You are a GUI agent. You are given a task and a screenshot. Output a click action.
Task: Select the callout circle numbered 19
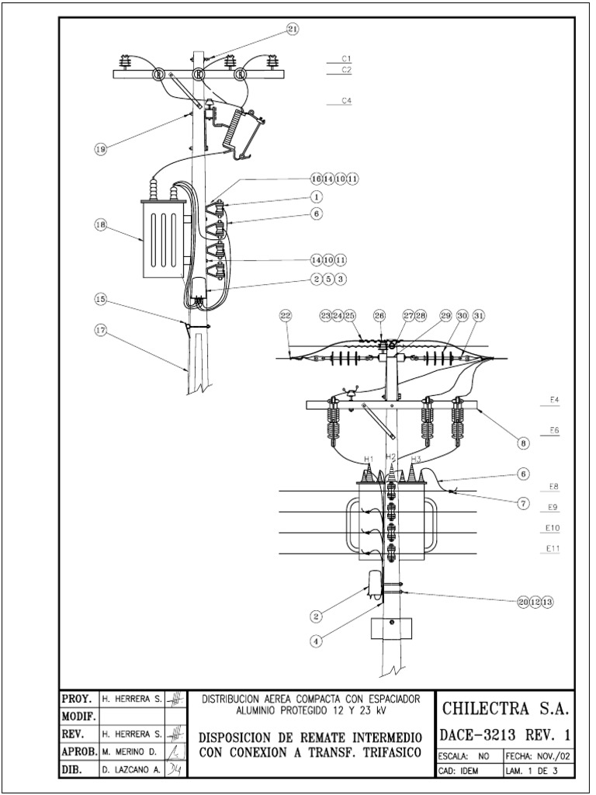coord(100,150)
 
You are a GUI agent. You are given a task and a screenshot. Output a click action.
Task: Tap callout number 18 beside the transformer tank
coord(100,225)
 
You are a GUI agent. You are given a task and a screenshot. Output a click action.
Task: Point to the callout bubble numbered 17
coord(100,330)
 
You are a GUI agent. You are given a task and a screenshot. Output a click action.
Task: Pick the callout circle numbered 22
coord(286,315)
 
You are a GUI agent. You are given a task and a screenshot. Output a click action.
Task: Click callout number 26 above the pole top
coord(379,315)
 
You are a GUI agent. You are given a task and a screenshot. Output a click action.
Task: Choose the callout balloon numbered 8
coord(524,443)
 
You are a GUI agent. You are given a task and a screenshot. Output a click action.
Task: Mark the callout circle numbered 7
coord(524,502)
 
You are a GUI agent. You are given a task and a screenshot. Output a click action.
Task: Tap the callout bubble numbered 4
coord(316,641)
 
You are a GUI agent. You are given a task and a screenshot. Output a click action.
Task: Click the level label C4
coord(346,100)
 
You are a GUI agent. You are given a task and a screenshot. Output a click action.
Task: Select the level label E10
coord(553,528)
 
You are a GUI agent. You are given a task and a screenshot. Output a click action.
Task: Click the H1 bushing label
coord(368,458)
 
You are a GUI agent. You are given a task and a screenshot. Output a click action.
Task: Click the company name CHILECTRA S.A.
coord(507,708)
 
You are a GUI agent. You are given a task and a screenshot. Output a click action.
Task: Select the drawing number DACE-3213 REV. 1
coord(507,734)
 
